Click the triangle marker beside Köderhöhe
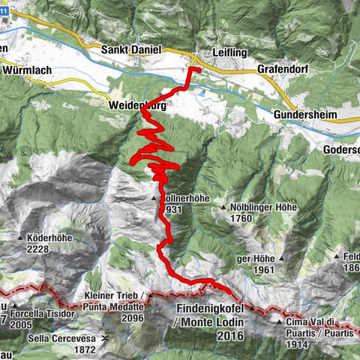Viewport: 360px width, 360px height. [x=20, y=238]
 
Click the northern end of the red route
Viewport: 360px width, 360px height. [x=194, y=68]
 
